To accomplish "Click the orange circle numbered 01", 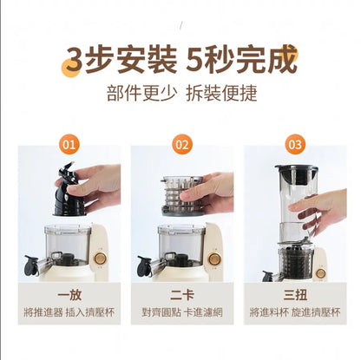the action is (x=69, y=144).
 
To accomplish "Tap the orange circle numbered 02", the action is (x=182, y=144).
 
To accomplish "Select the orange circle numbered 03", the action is (x=295, y=144).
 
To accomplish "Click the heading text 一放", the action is (x=69, y=295).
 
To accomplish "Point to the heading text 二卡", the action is (x=182, y=295).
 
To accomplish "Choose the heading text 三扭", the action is (x=295, y=295).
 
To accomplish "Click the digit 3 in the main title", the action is (x=75, y=60).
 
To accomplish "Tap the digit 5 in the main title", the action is (x=195, y=60).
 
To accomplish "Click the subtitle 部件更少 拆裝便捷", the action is (x=182, y=93).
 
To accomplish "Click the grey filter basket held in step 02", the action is (x=181, y=195).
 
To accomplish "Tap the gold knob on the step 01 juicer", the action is (x=100, y=259).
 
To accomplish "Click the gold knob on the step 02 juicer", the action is (x=214, y=259).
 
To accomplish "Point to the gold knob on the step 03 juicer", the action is (x=321, y=273).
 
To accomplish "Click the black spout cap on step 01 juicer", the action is (x=31, y=265).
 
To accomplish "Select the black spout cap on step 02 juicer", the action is (x=144, y=265).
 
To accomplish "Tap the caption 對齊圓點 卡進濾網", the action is (x=182, y=312).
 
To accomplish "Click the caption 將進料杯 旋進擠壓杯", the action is (x=295, y=312).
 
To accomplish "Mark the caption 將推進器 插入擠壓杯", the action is (x=69, y=312).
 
